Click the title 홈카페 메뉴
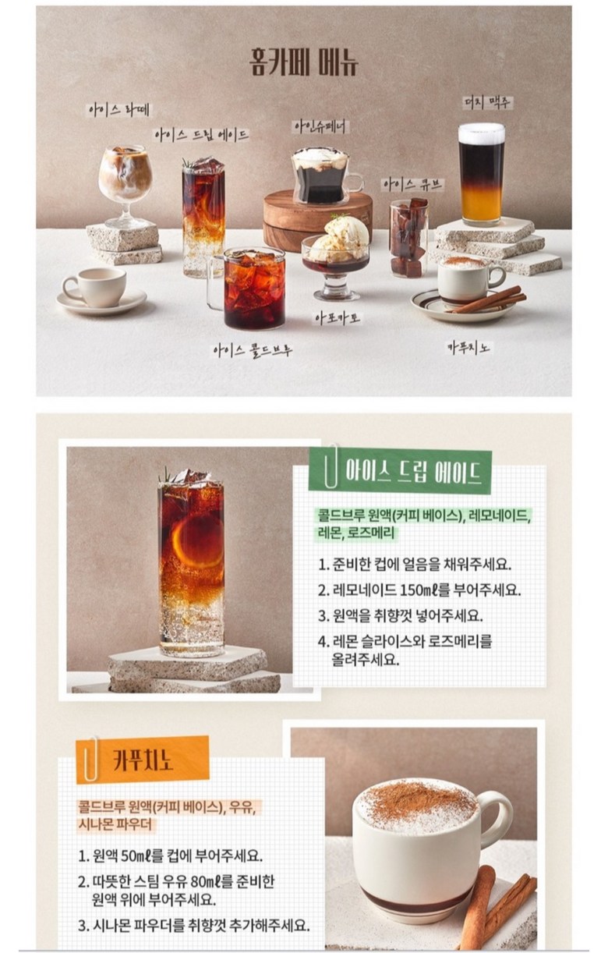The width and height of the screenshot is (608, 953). pyautogui.click(x=303, y=63)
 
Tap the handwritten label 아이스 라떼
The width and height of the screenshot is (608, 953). pyautogui.click(x=118, y=111)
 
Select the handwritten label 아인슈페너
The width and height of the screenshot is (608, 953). pyautogui.click(x=320, y=127)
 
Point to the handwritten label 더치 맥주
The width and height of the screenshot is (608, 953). pyautogui.click(x=487, y=102)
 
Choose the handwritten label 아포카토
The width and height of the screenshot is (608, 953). pyautogui.click(x=338, y=318)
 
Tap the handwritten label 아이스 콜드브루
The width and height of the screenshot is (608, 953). pyautogui.click(x=253, y=351)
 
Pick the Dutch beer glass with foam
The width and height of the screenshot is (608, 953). pyautogui.click(x=481, y=175)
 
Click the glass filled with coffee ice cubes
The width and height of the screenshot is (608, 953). pyautogui.click(x=408, y=239)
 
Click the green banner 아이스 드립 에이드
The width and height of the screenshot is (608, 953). pyautogui.click(x=400, y=471)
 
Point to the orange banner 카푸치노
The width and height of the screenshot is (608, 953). pyautogui.click(x=143, y=760)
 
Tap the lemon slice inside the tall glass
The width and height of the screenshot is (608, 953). pyautogui.click(x=198, y=540)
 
